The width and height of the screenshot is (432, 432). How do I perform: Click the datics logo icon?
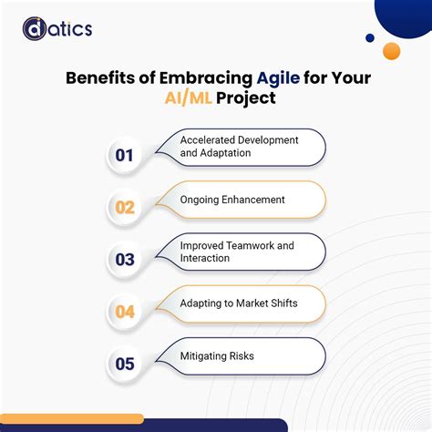point(34,29)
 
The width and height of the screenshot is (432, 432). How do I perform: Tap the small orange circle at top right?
point(392,51)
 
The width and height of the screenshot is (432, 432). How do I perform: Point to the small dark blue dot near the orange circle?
point(370,38)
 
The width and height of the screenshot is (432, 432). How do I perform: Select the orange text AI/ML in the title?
point(187,96)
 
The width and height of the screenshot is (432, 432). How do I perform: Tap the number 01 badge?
point(125,155)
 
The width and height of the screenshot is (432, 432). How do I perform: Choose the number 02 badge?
point(125,207)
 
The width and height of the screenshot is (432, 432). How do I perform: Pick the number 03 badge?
point(125,259)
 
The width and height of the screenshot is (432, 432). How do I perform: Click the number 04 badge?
point(125,311)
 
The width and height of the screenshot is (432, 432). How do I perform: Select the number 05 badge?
point(125,364)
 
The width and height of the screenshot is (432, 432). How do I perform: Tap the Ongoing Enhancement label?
point(232,200)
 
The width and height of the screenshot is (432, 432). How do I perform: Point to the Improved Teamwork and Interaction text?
point(236,252)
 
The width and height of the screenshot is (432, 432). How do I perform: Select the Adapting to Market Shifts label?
point(240,303)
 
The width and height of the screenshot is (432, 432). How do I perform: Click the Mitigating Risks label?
point(217,356)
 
